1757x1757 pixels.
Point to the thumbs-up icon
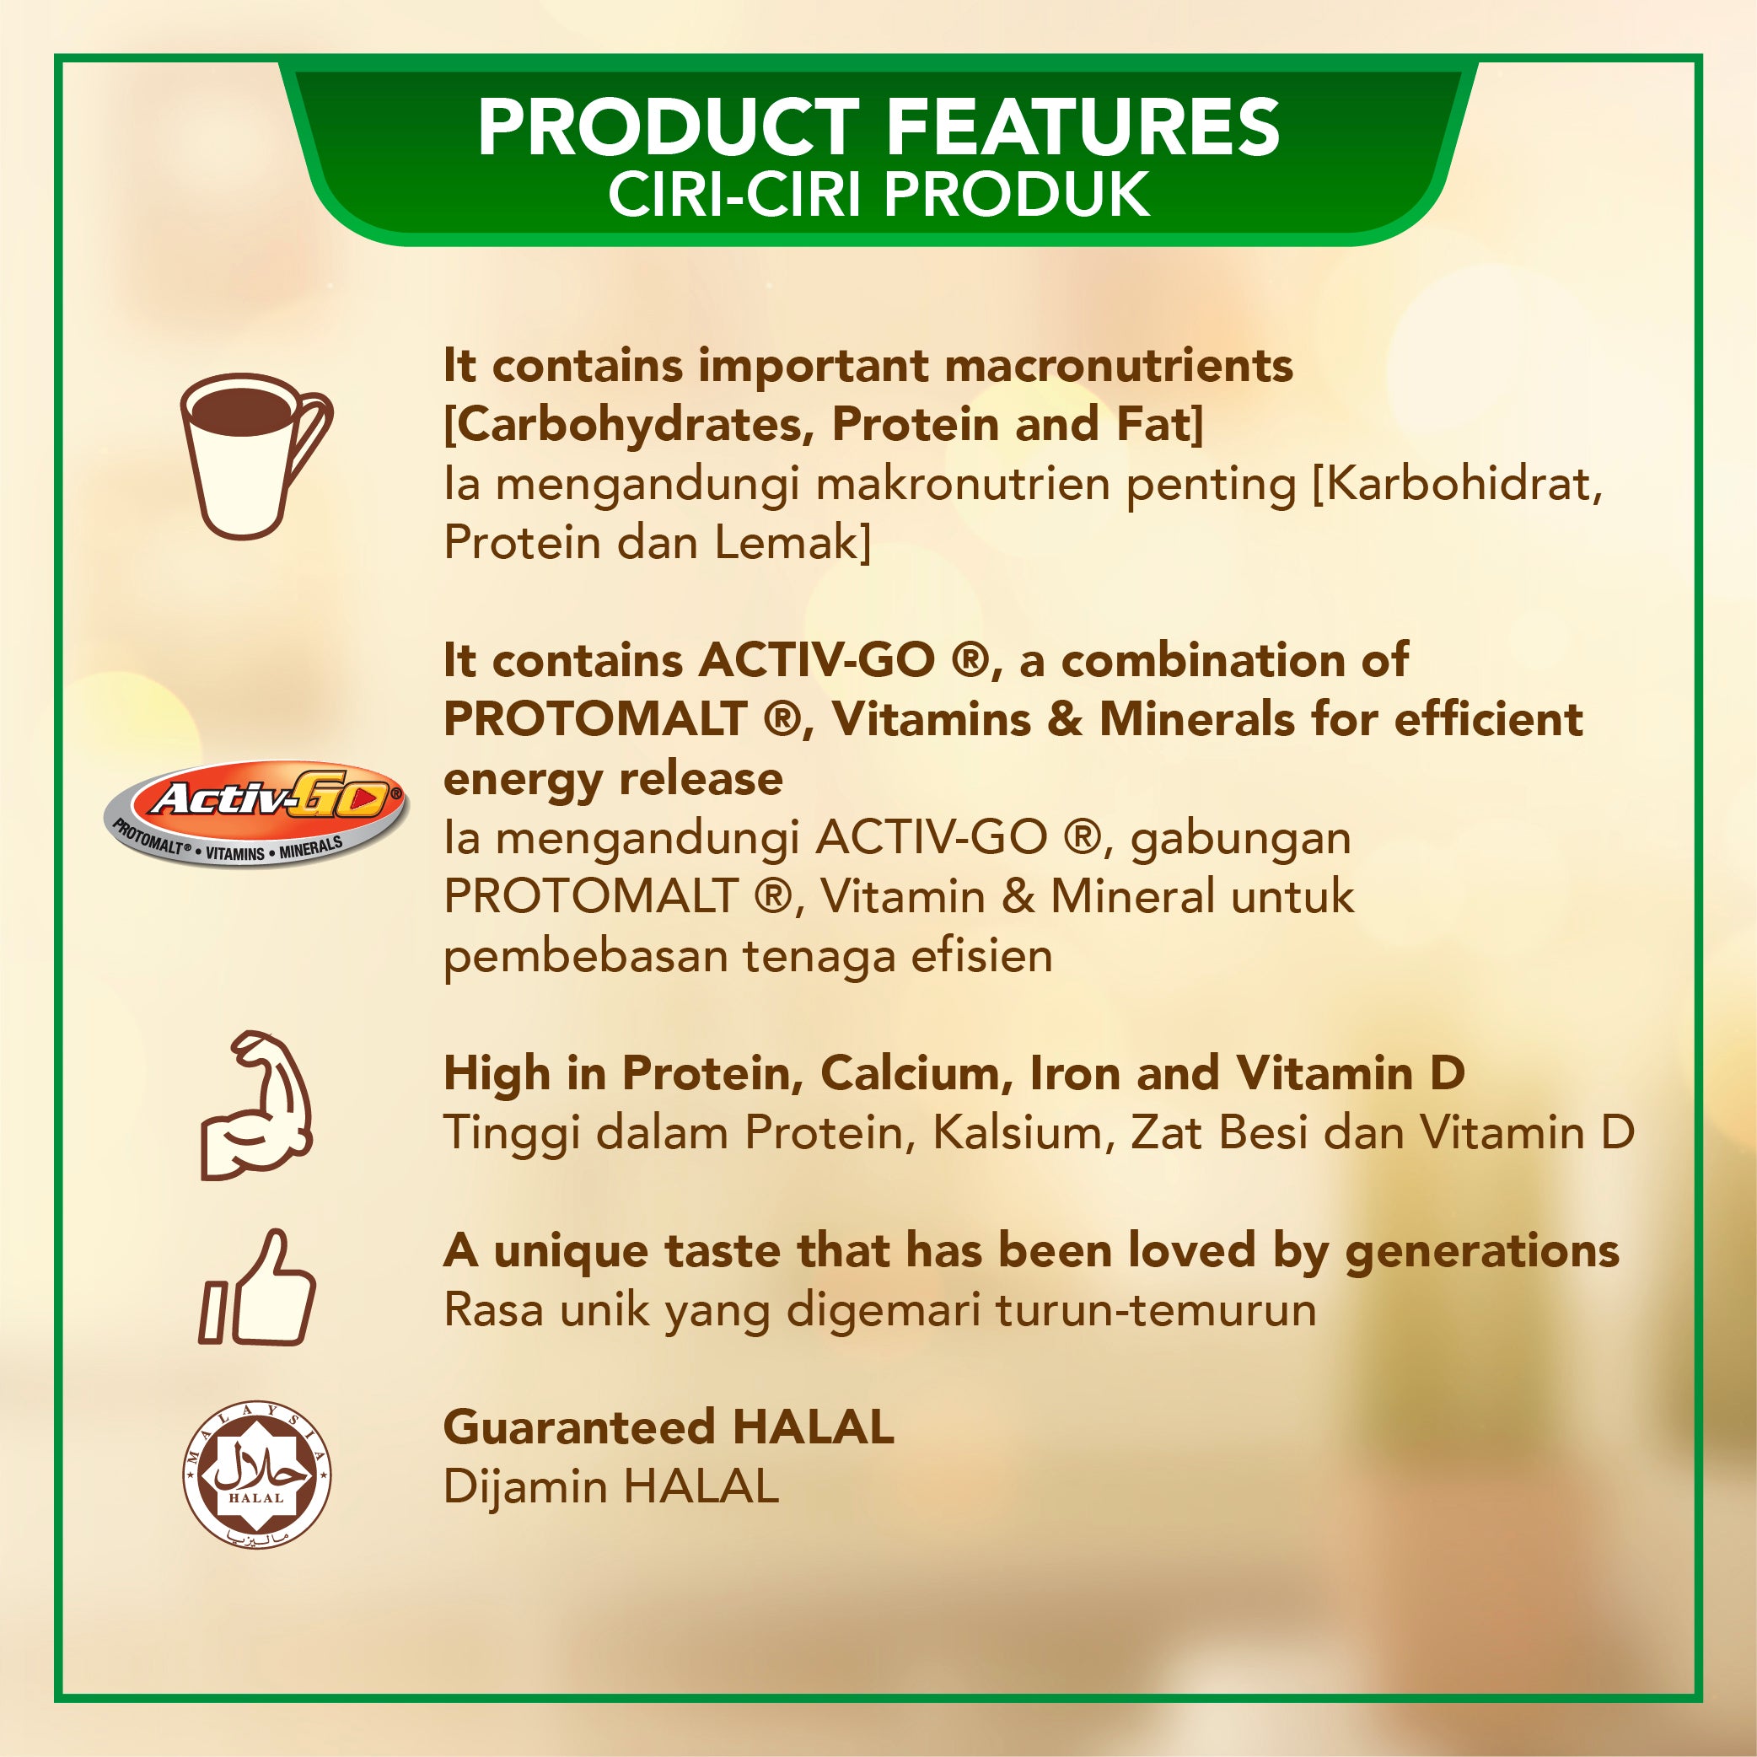tap(258, 1287)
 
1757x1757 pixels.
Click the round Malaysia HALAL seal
tap(256, 1475)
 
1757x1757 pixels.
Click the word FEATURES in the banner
tap(1083, 127)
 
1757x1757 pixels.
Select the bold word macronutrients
tap(1119, 366)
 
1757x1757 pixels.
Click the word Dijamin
tap(525, 1488)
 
